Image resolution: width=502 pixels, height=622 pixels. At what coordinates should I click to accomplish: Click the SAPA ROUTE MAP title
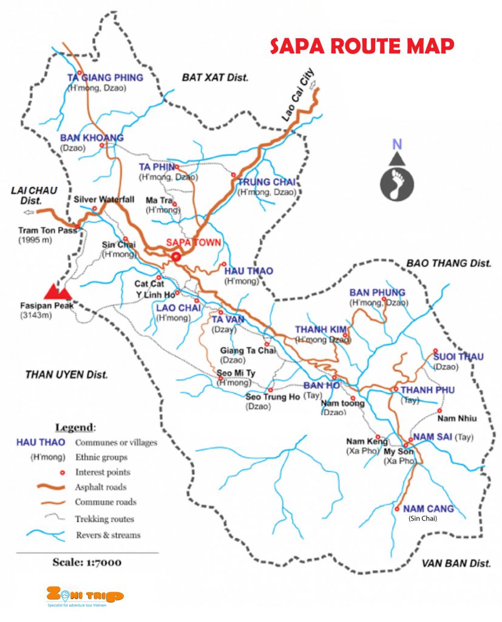[362, 46]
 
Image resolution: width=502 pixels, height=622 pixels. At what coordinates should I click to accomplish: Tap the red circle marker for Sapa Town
[176, 256]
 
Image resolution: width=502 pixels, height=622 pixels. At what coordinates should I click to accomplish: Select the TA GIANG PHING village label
[105, 78]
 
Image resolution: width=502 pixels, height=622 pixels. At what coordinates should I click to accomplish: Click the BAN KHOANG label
[92, 138]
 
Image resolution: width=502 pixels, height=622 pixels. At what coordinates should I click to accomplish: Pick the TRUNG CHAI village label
[266, 182]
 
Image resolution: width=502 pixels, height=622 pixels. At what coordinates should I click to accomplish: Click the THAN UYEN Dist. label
[66, 374]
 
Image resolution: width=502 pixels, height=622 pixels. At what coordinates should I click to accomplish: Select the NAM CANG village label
[432, 509]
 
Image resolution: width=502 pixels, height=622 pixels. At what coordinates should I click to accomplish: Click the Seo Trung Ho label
[273, 397]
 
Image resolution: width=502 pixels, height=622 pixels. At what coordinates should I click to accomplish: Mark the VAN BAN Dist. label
[455, 563]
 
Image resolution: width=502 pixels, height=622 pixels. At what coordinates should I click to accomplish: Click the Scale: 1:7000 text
[87, 562]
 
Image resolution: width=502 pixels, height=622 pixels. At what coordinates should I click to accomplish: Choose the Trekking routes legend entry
[104, 519]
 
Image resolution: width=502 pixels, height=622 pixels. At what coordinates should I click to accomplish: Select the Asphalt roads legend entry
[101, 487]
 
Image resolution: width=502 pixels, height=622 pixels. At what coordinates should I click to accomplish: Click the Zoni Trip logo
[85, 596]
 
